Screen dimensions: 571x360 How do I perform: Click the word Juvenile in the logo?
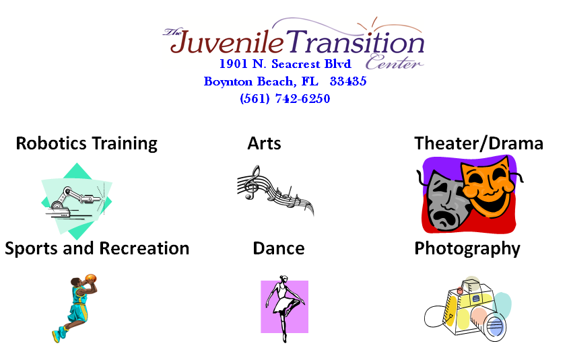[x=227, y=42]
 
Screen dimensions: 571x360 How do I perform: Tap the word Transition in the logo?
[x=355, y=41]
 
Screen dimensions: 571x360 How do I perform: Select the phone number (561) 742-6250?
[x=285, y=99]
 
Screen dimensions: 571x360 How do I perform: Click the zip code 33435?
[x=347, y=81]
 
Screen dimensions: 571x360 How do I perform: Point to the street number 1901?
[x=234, y=64]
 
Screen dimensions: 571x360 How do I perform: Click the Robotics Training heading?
[x=87, y=143]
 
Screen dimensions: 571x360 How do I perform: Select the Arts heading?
[x=264, y=143]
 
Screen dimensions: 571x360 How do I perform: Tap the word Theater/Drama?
[x=479, y=143]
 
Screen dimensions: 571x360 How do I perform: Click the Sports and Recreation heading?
[x=97, y=248]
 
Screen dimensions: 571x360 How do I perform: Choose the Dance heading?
[x=279, y=248]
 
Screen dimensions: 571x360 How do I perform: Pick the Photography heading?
[x=467, y=249]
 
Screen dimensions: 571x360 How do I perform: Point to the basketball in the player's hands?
[x=91, y=279]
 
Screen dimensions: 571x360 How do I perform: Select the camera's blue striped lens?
[x=494, y=326]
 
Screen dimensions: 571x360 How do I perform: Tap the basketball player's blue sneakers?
[x=59, y=334]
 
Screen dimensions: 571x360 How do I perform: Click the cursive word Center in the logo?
[x=394, y=62]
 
